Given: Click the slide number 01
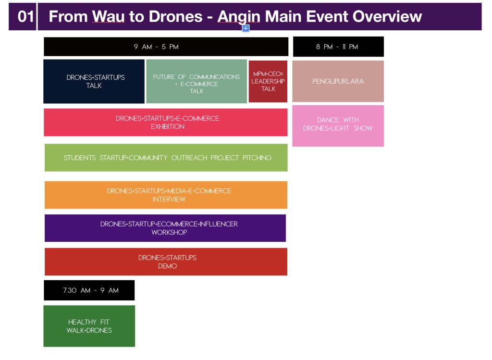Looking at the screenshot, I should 25,16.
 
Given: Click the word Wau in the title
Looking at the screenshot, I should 105,16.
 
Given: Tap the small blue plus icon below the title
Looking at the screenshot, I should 246,28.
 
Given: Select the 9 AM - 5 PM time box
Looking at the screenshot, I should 166,47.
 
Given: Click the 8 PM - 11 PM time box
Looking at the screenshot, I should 338,47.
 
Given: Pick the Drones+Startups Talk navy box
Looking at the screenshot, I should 94,81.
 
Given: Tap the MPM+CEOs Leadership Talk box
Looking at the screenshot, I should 268,81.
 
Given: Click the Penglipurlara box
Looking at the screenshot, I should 338,81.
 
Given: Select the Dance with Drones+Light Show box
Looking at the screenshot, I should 338,125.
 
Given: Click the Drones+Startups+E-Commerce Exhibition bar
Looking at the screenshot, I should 166,122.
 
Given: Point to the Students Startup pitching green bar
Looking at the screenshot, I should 166,158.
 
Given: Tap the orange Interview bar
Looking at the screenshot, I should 166,195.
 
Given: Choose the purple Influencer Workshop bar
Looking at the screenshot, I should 165,228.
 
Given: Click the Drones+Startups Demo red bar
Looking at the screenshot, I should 166,261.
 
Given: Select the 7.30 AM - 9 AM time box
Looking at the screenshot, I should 89,290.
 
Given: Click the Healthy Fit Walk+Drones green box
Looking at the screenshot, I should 89,326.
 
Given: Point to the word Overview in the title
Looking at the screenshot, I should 387,16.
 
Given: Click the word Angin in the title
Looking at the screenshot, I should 239,16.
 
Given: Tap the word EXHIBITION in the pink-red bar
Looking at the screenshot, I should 167,127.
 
